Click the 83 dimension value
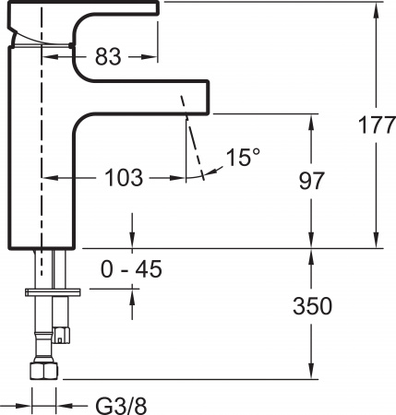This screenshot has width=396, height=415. tap(108, 57)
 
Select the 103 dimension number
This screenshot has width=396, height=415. tap(123, 178)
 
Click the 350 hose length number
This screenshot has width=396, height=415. tap(312, 305)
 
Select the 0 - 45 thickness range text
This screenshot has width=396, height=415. tap(131, 268)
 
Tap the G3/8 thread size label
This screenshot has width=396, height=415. tap(120, 403)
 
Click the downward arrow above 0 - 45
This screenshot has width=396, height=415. tap(135, 241)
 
